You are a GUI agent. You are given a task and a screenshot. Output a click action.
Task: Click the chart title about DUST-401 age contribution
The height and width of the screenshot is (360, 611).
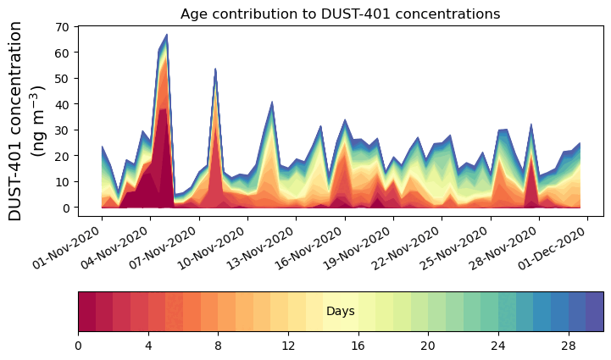coord(340,14)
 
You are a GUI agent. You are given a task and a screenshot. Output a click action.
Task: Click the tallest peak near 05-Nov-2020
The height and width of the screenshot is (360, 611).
coord(167,35)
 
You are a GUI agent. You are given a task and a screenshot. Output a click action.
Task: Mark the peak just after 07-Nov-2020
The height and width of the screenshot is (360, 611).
coord(215,69)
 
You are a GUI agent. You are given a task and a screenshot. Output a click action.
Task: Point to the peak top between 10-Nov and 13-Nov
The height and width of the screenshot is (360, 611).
coord(272,102)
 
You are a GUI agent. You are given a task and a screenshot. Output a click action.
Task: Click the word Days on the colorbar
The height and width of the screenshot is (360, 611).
coord(340,312)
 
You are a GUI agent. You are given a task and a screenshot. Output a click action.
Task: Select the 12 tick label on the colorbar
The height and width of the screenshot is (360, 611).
coord(288,346)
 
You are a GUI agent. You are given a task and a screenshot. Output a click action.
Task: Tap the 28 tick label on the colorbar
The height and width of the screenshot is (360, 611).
coord(568,346)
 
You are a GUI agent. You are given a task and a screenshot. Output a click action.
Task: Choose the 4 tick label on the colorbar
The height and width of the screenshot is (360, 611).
coord(148,346)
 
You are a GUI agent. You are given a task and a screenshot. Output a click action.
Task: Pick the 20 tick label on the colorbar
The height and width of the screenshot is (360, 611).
coord(428,346)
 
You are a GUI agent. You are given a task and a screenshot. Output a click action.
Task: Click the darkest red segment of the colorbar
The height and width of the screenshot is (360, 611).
coord(86,312)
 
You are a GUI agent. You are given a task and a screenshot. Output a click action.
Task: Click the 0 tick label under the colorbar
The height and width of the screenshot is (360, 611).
coord(78,346)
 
